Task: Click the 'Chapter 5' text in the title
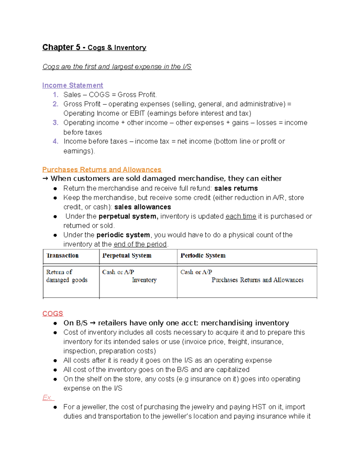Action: click(x=61, y=47)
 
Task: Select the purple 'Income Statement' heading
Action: click(x=73, y=86)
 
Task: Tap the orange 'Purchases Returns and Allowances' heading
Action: click(x=102, y=170)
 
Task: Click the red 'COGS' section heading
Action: click(x=53, y=314)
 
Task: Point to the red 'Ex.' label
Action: click(x=47, y=398)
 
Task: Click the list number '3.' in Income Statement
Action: click(x=55, y=123)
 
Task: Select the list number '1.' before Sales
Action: click(x=55, y=95)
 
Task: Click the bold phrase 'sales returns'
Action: click(x=236, y=188)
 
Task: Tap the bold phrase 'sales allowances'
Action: click(x=142, y=207)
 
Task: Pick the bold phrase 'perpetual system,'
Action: click(x=128, y=216)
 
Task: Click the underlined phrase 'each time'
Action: click(x=241, y=216)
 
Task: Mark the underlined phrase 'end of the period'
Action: click(x=140, y=244)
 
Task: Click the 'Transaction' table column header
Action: click(x=62, y=256)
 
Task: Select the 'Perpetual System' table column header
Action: click(x=127, y=256)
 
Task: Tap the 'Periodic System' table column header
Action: click(x=203, y=256)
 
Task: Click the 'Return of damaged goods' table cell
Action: click(x=67, y=276)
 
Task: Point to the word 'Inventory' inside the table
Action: click(x=144, y=280)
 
